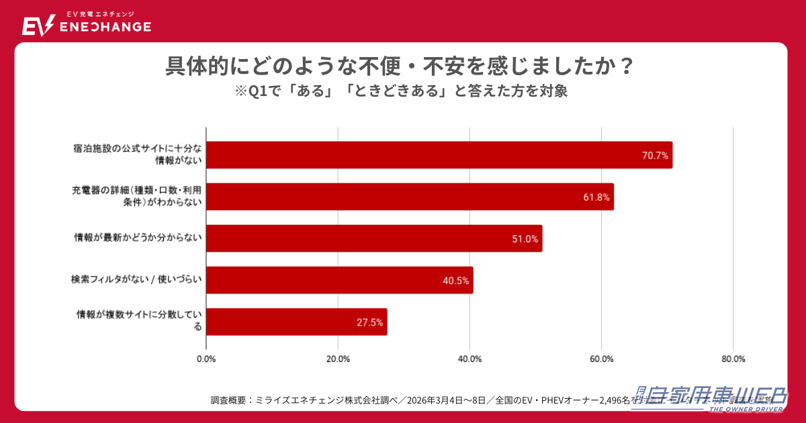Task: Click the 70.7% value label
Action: pos(655,156)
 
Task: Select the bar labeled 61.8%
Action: pos(410,197)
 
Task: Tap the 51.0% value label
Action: pos(525,239)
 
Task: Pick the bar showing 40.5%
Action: pos(339,280)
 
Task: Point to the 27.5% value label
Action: pos(369,322)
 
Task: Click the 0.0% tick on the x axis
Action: pos(206,359)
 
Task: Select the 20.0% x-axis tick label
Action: pos(338,359)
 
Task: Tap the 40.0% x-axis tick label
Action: pos(469,359)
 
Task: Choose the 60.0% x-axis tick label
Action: pos(602,359)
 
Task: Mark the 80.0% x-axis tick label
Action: pos(733,359)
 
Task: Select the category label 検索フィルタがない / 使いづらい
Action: pos(137,279)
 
